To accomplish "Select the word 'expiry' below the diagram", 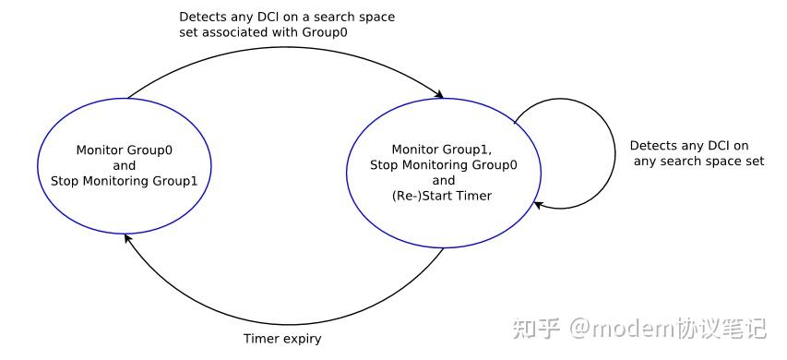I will pyautogui.click(x=302, y=339).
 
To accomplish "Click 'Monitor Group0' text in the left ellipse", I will pyautogui.click(x=125, y=150).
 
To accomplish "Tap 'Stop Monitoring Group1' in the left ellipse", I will pyautogui.click(x=125, y=180).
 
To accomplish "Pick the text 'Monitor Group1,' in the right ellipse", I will pyautogui.click(x=443, y=150).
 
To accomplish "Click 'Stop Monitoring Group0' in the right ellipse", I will pyautogui.click(x=443, y=165).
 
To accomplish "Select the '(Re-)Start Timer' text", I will pyautogui.click(x=443, y=196).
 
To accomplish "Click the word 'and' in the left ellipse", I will pyautogui.click(x=125, y=165).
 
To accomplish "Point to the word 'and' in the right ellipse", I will pyautogui.click(x=443, y=181).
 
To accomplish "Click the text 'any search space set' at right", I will pyautogui.click(x=698, y=162).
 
